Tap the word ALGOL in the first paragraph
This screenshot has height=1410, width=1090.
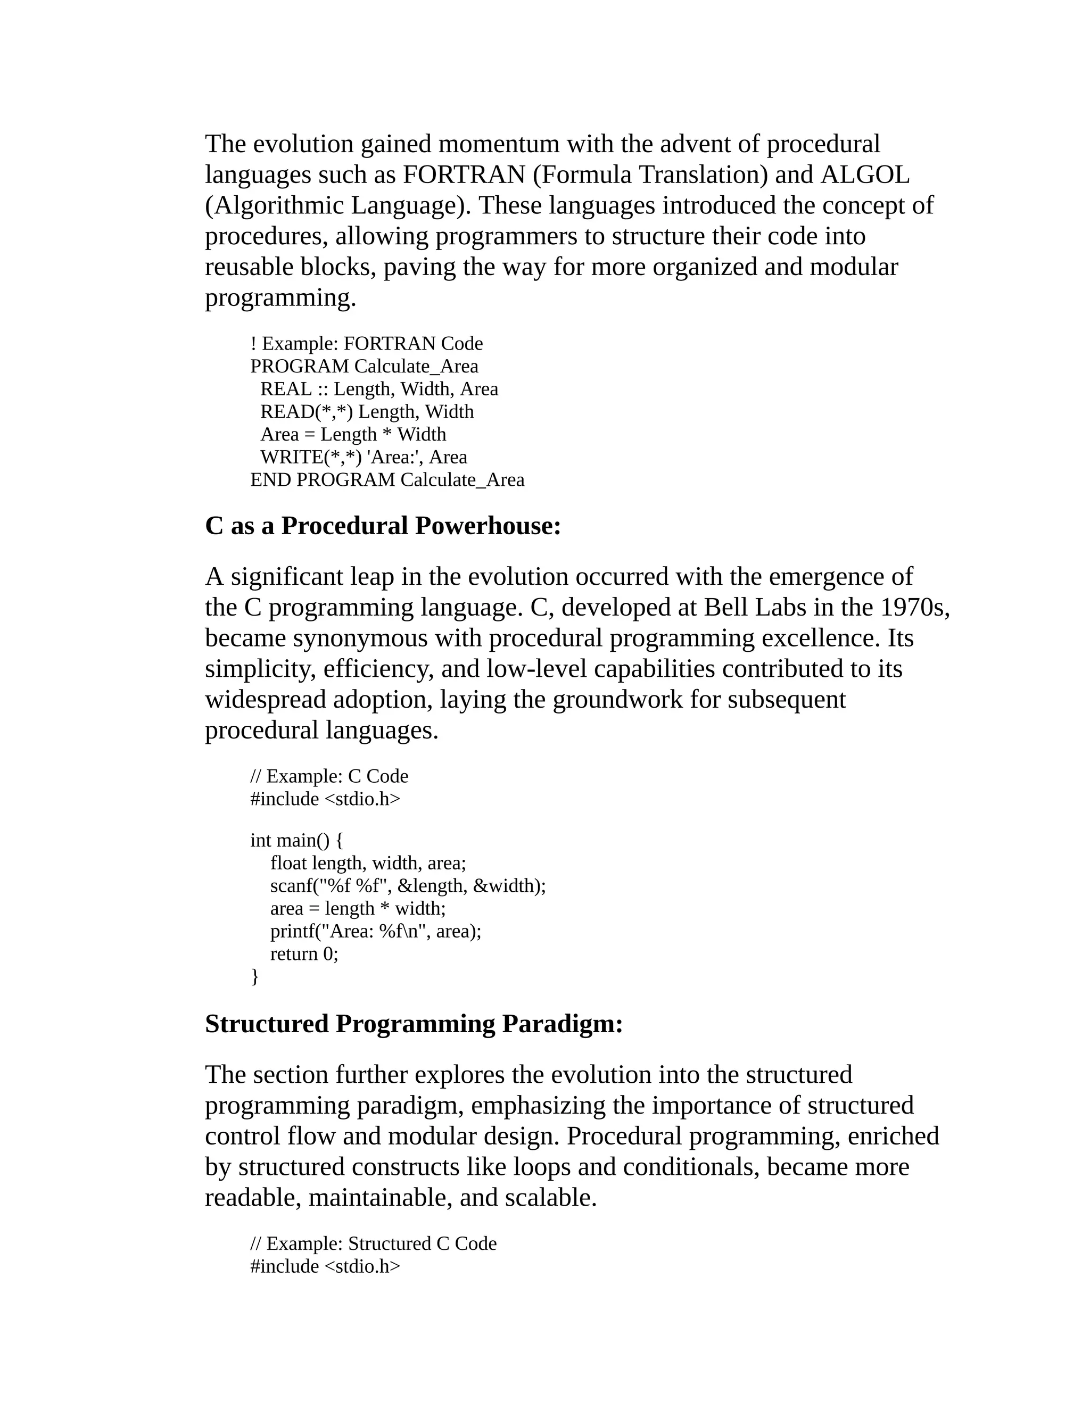tap(865, 175)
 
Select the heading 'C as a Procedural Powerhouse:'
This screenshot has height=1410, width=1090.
tap(382, 526)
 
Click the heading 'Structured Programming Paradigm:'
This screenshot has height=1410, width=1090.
tap(413, 1024)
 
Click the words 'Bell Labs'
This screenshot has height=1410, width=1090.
tap(754, 608)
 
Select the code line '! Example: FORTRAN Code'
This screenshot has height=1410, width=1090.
tap(366, 344)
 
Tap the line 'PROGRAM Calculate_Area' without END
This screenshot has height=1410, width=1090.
tap(364, 366)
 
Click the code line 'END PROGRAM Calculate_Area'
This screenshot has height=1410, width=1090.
tap(387, 480)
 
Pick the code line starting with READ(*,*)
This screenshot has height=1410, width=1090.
tap(367, 411)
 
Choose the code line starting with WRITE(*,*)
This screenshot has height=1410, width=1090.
tap(364, 457)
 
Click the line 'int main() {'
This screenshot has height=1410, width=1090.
tap(297, 841)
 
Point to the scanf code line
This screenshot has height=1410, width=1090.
tap(408, 886)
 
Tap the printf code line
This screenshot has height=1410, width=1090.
tap(375, 931)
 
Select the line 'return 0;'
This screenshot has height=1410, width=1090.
tap(303, 953)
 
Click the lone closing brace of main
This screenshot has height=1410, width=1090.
tap(254, 976)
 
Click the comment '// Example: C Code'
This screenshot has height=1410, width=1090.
tap(329, 776)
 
